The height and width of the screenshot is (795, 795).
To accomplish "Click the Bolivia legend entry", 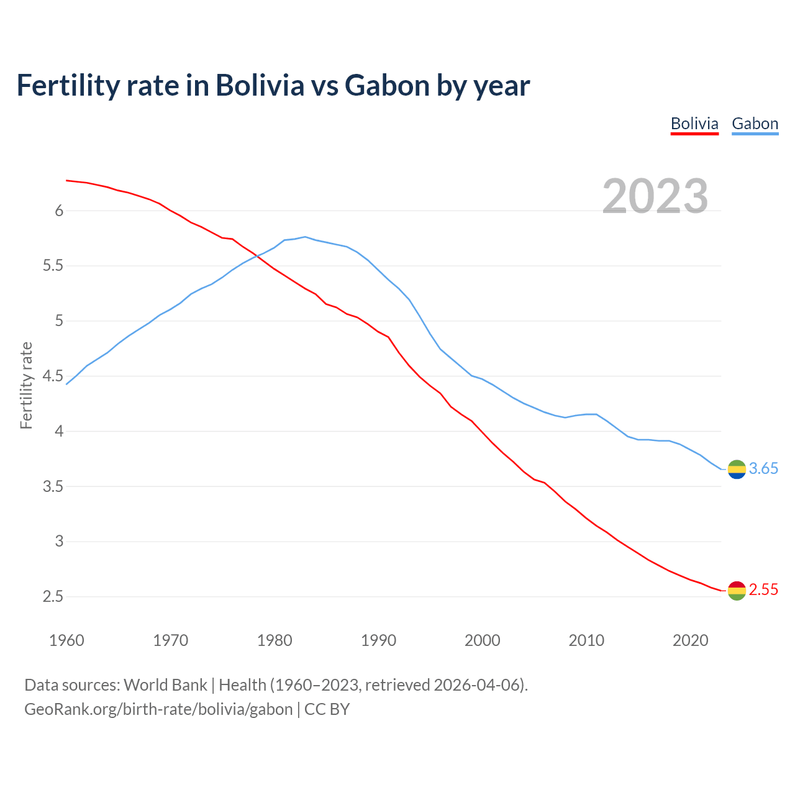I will [694, 124].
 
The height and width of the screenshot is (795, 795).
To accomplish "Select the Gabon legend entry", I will [755, 124].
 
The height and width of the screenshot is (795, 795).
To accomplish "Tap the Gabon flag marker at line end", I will [737, 470].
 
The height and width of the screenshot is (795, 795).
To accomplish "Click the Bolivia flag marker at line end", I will [737, 590].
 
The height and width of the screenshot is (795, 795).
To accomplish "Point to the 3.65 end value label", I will [763, 469].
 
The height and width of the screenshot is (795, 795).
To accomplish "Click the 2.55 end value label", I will [763, 590].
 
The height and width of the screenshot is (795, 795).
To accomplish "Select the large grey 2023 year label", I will [655, 196].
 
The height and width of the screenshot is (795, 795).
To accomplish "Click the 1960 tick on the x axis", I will [66, 640].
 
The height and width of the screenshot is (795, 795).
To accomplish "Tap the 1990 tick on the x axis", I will [378, 640].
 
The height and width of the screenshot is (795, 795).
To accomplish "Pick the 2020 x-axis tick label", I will [690, 640].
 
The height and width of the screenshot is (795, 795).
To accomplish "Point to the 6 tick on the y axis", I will [60, 211].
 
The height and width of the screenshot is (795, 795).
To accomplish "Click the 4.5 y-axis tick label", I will [53, 376].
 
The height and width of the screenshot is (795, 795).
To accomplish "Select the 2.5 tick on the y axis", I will [53, 597].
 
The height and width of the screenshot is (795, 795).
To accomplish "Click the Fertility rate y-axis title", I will [26, 385].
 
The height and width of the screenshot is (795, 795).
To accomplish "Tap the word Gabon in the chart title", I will [387, 85].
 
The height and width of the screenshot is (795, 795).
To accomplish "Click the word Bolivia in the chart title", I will [260, 85].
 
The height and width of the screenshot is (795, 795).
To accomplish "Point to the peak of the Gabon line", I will [305, 237].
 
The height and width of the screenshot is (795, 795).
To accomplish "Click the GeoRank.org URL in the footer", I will [158, 709].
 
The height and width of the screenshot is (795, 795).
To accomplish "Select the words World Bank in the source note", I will [165, 685].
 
